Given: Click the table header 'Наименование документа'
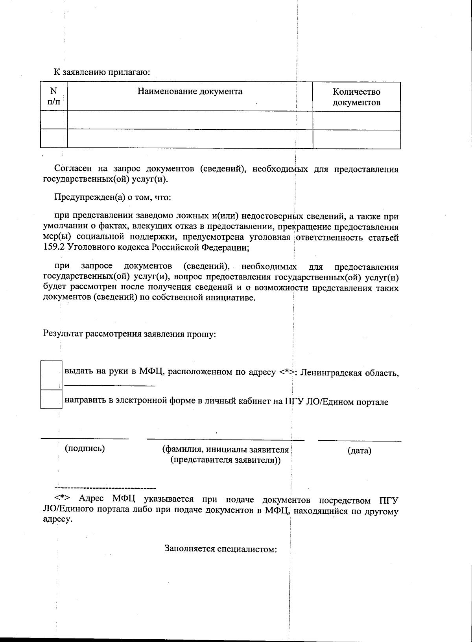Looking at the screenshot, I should [190, 92].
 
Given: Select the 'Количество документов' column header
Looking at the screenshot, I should [356, 97].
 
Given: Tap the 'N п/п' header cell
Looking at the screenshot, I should [53, 96].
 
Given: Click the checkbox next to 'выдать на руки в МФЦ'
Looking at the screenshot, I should [52, 375].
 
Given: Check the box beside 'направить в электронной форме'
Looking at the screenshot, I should [52, 399].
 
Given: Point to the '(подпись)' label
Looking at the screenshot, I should [85, 449].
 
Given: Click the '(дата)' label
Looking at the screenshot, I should [359, 451].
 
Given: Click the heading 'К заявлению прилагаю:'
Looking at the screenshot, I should [102, 72].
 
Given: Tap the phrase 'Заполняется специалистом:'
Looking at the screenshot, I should [221, 548].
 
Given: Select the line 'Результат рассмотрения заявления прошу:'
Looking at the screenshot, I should [129, 334].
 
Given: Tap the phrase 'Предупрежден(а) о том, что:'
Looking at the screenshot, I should [112, 197].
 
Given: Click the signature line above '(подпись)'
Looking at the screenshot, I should [85, 438].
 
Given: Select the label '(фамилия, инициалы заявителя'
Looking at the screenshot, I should [225, 450].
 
